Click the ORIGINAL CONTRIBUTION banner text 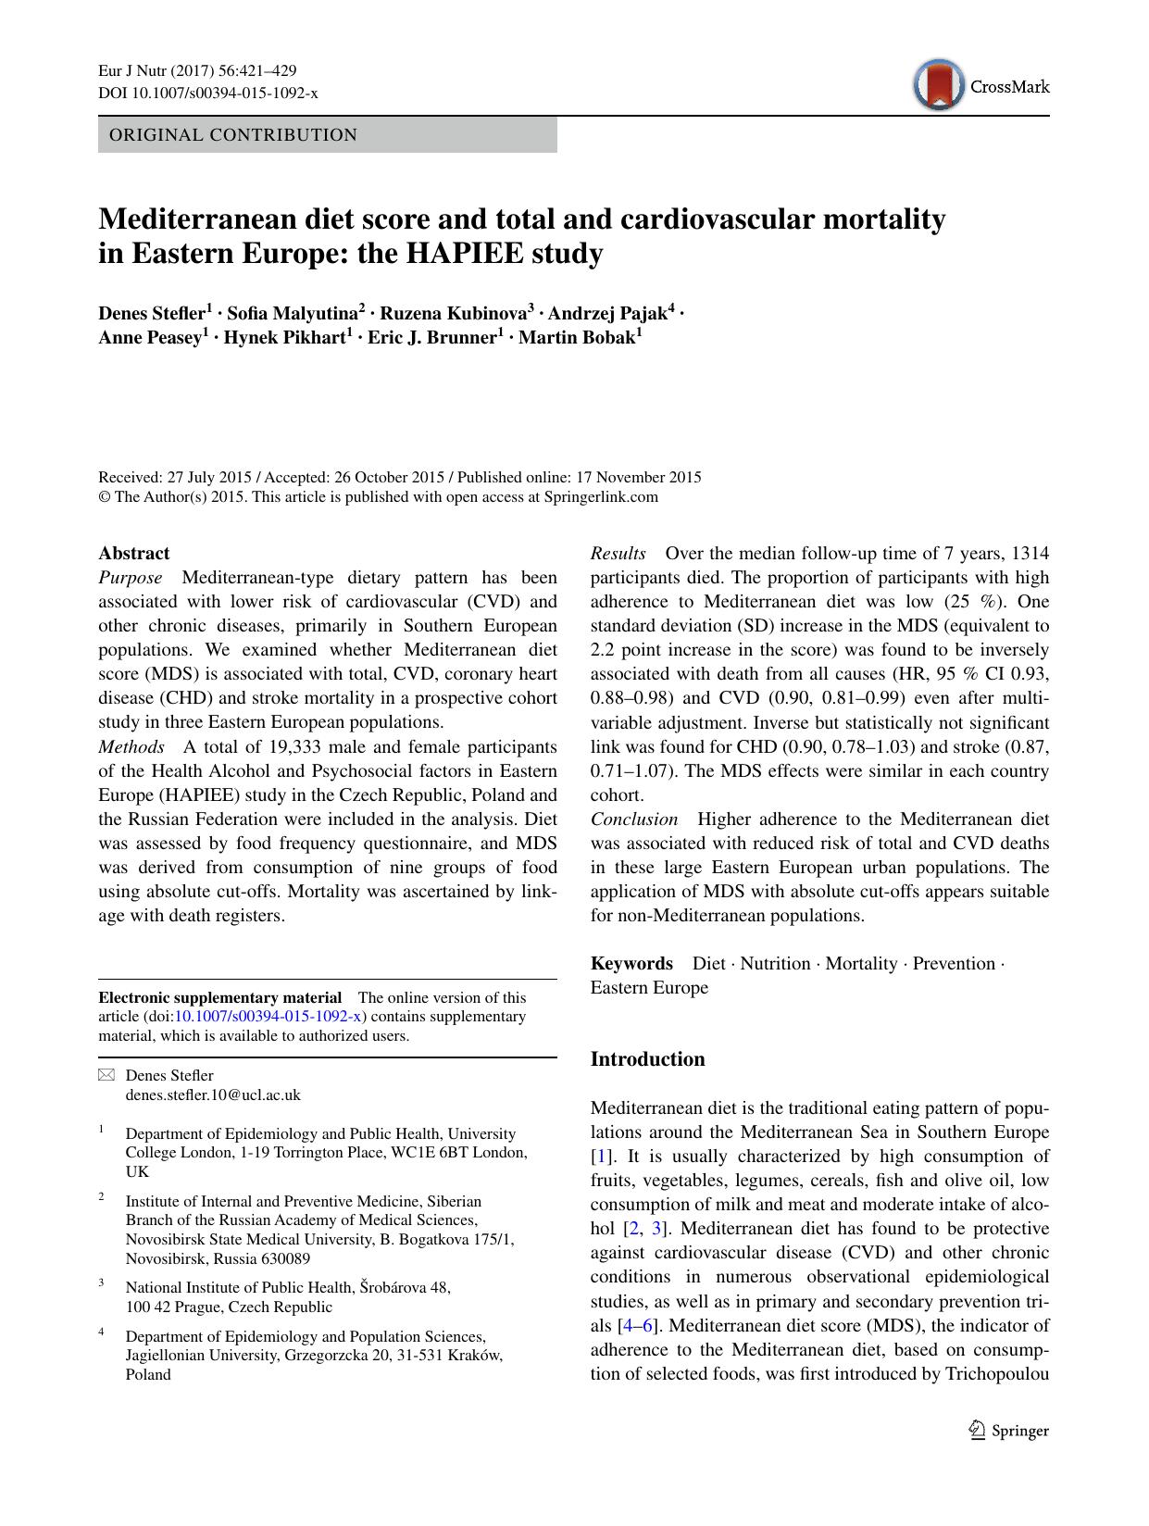(233, 135)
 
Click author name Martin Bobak (577, 337)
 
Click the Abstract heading (134, 554)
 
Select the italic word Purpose (131, 578)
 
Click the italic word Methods (131, 746)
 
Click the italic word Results (618, 554)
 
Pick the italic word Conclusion (634, 819)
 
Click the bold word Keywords (631, 963)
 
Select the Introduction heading (647, 1059)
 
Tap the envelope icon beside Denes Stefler (107, 1075)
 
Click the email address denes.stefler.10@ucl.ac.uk (213, 1094)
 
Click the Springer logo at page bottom (1008, 1431)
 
